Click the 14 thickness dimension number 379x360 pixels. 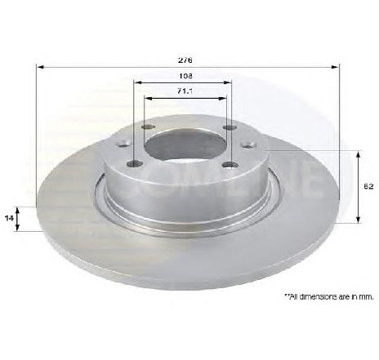(x=11, y=219)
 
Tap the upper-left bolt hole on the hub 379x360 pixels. (x=147, y=127)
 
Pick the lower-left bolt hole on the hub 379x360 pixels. (x=136, y=165)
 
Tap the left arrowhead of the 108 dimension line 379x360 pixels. (x=136, y=82)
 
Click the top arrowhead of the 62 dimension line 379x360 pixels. (x=360, y=153)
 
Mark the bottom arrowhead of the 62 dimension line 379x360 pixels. (x=360, y=220)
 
